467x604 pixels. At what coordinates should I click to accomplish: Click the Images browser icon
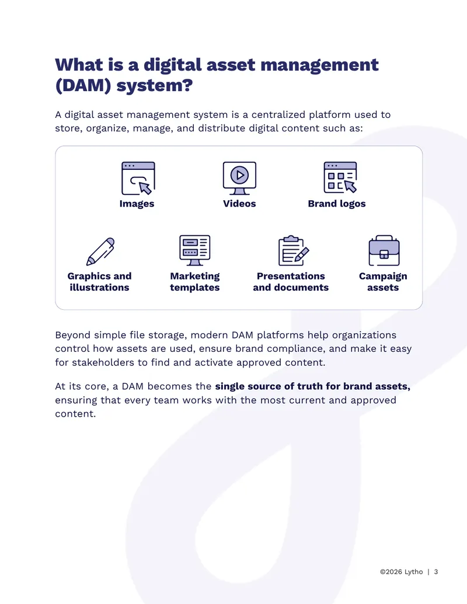[138, 178]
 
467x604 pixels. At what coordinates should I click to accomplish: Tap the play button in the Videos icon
[240, 175]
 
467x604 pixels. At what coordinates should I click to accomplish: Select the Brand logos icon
[340, 177]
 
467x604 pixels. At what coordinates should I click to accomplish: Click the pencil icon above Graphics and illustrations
[100, 252]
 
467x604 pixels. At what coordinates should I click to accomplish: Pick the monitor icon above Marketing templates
[194, 250]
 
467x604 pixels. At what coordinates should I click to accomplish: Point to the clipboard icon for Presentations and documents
[294, 250]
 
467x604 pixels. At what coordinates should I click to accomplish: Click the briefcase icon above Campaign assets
[384, 250]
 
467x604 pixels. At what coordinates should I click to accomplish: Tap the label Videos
[239, 204]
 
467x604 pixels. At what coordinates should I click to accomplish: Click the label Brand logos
[337, 204]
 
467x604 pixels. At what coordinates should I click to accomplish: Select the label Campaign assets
[383, 282]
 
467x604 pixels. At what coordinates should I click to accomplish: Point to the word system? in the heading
[155, 86]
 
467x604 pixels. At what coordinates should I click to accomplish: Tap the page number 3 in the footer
[436, 572]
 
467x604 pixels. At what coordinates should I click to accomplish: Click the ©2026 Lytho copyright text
[402, 572]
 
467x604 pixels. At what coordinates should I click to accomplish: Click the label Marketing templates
[194, 282]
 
